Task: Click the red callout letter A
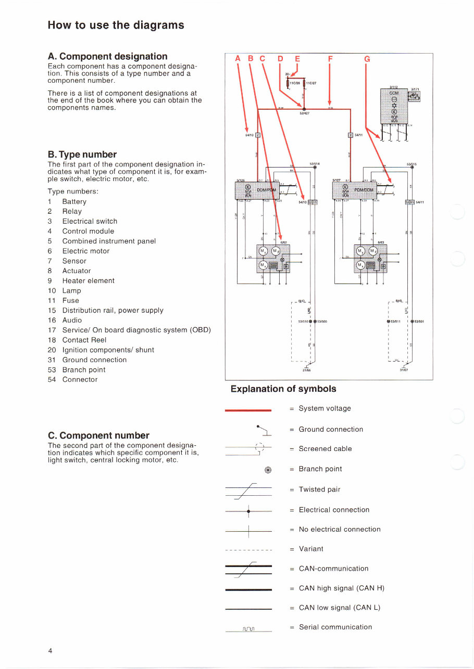[238, 59]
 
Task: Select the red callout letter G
[367, 59]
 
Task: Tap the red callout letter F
[330, 59]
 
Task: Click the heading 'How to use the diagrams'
[116, 25]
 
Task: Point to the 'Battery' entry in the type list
[74, 202]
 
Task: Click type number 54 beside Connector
[52, 380]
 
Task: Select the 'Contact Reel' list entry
[84, 340]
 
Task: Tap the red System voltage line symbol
[248, 410]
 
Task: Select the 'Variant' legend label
[310, 549]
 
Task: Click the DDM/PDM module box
[259, 190]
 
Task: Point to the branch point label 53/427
[305, 114]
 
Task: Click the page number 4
[50, 651]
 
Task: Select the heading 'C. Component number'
[98, 435]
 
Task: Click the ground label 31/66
[306, 370]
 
